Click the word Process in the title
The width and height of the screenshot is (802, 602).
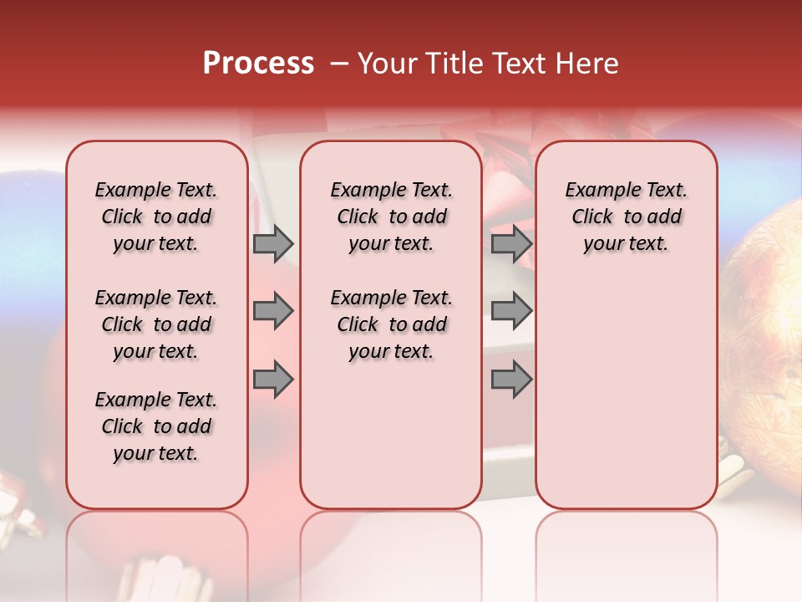(258, 64)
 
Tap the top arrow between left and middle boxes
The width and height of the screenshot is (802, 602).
(273, 244)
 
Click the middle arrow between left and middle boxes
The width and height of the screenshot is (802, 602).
(273, 312)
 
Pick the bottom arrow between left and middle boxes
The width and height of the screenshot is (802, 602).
(273, 379)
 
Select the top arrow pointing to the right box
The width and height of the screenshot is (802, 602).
(511, 244)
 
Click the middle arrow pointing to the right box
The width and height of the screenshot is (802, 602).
(511, 312)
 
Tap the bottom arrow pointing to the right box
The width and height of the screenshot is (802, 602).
(511, 379)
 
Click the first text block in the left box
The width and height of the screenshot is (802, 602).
(156, 217)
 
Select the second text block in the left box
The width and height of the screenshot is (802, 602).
(156, 324)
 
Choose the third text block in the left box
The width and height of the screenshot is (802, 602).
(156, 426)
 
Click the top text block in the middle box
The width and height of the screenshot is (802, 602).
(391, 217)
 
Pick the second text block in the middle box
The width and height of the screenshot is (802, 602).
(391, 324)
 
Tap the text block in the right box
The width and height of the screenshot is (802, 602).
(626, 217)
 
